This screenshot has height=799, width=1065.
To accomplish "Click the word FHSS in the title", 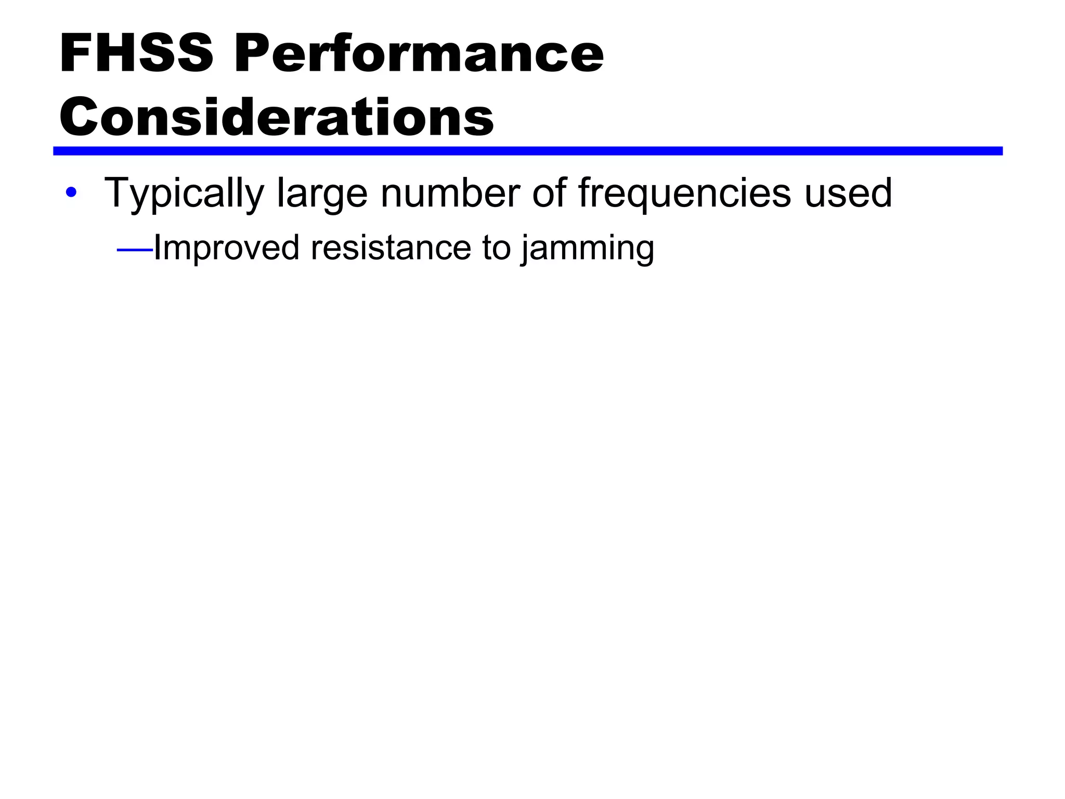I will pos(136,54).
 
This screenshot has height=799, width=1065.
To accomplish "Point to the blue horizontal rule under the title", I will pos(527,151).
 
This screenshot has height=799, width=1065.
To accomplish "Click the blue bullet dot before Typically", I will pos(71,193).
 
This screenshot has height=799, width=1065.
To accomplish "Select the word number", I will pos(450,192).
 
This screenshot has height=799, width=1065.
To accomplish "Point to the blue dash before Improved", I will pos(135,251).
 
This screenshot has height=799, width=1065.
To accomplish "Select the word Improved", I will pos(226,248).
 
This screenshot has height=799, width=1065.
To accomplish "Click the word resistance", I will pos(390,248).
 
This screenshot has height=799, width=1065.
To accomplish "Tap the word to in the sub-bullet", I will pos(496,248).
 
